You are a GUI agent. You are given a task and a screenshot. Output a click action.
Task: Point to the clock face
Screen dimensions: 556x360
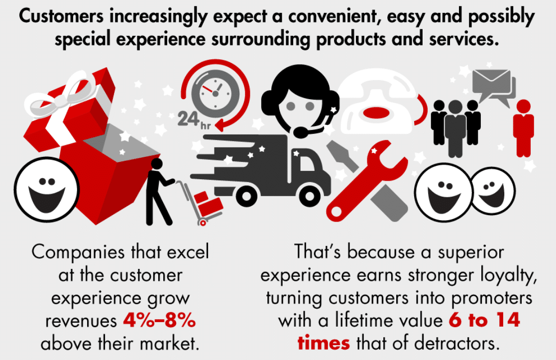215,94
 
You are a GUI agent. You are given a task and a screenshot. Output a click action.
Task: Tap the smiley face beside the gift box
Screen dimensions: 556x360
46,190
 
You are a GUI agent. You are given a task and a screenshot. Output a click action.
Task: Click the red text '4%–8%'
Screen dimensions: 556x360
159,321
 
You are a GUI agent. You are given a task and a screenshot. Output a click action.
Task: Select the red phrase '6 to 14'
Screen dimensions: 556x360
484,320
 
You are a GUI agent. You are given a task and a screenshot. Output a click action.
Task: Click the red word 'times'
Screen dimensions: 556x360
324,343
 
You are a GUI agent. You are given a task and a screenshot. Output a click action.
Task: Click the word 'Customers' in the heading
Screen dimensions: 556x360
61,16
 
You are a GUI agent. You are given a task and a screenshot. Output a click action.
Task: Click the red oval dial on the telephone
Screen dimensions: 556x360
377,113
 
